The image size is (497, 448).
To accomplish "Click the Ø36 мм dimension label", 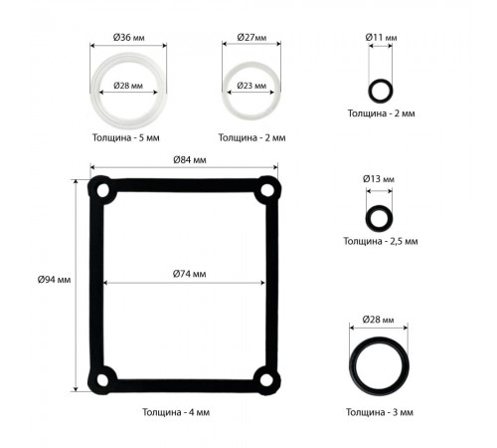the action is pyautogui.click(x=128, y=38).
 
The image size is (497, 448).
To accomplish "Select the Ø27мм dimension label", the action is pyautogui.click(x=251, y=38).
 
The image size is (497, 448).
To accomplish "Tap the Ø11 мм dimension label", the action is pyautogui.click(x=381, y=38).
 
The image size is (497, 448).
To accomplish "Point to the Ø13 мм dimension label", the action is pyautogui.click(x=379, y=179).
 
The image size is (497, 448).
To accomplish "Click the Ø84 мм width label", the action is pyautogui.click(x=190, y=160).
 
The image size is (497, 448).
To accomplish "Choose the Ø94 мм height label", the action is pyautogui.click(x=54, y=280).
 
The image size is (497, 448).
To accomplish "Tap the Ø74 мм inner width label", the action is pyautogui.click(x=189, y=274).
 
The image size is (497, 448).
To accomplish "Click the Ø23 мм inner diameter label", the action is pyautogui.click(x=251, y=86).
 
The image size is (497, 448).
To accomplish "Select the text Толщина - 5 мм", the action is pyautogui.click(x=126, y=137).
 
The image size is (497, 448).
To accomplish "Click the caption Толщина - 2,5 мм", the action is pyautogui.click(x=381, y=241).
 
